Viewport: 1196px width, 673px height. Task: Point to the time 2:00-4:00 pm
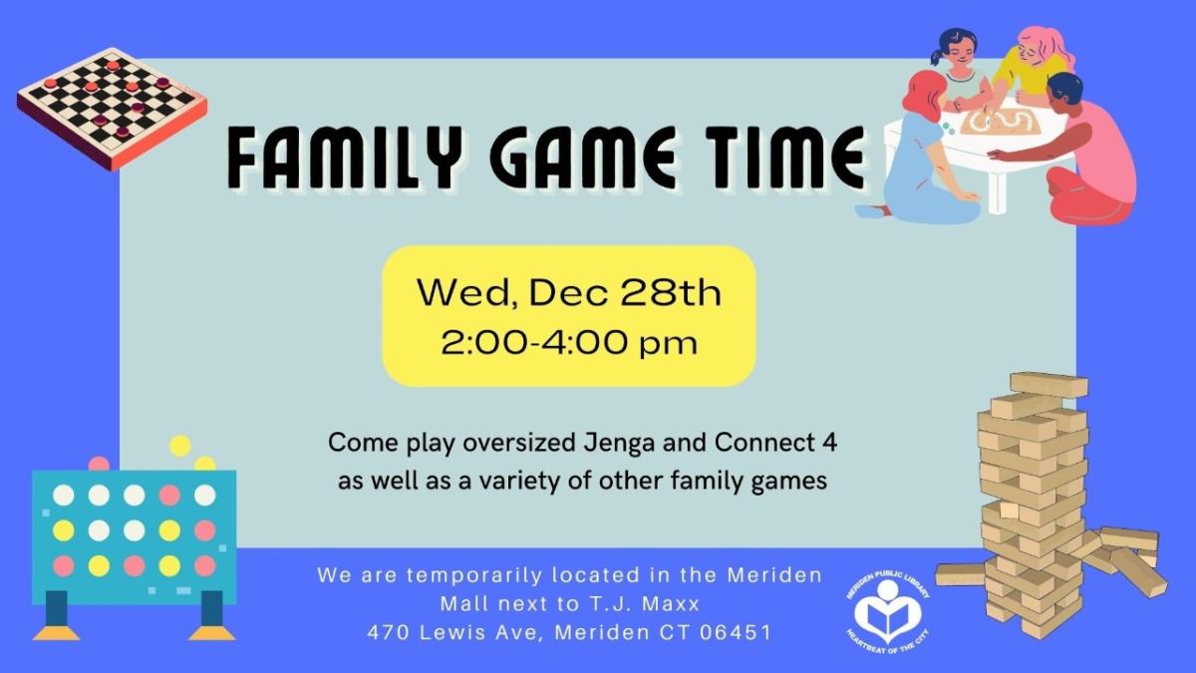569,343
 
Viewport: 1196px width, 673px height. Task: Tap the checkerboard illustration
111,105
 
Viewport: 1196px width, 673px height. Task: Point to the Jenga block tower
1037,508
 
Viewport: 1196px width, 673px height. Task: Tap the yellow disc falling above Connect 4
180,445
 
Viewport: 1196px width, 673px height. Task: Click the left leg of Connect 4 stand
56,613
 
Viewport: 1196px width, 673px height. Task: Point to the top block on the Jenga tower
1048,384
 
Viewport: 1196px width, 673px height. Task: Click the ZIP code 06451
737,632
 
